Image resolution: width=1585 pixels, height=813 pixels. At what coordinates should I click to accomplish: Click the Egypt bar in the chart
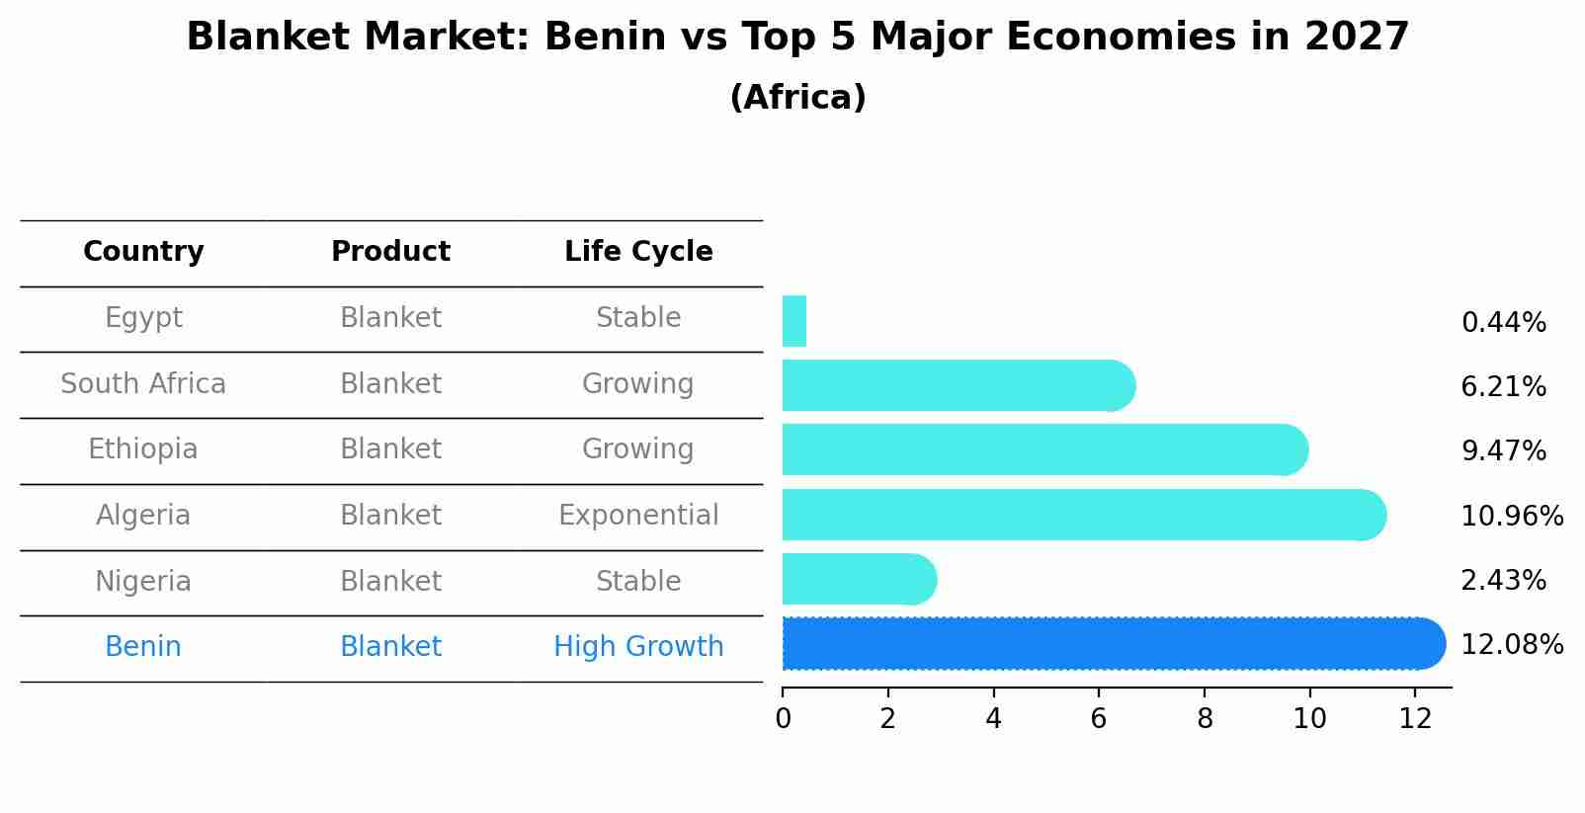794,321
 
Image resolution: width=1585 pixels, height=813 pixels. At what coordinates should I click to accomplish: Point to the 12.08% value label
1511,645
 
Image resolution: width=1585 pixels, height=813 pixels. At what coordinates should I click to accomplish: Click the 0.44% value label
1503,323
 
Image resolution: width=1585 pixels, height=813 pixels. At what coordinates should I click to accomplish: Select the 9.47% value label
1503,451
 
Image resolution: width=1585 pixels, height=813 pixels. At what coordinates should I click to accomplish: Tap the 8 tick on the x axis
1205,719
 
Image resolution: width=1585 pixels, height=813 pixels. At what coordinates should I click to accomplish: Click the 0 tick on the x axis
783,719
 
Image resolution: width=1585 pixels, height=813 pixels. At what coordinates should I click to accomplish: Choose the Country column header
143,252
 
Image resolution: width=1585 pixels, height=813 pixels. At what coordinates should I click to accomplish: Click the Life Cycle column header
638,252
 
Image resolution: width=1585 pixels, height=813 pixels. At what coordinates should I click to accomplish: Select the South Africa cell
143,384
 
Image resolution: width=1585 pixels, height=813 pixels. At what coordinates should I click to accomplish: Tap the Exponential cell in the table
638,516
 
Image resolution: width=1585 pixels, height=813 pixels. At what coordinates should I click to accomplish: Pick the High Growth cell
638,647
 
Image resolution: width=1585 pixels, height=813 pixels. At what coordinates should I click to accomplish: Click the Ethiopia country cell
143,449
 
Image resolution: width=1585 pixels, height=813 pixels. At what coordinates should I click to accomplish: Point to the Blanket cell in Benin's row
390,647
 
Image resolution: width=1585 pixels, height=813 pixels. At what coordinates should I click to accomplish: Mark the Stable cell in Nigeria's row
638,582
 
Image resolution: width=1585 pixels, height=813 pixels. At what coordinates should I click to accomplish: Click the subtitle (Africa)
797,98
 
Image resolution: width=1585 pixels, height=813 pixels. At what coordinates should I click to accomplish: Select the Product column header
390,252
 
